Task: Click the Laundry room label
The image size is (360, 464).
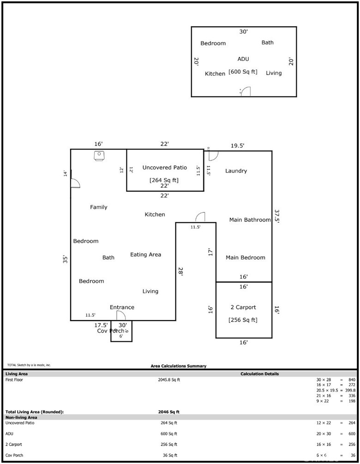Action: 236,171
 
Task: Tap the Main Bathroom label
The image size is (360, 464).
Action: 250,220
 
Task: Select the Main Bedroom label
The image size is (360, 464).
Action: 245,257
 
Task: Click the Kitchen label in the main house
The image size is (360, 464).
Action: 155,214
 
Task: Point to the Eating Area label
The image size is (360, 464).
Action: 145,255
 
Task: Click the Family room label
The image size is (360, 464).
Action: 98,207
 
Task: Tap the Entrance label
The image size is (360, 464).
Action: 122,307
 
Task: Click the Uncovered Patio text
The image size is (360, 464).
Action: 164,167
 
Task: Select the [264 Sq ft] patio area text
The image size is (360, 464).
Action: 164,180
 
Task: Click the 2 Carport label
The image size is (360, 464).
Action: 243,307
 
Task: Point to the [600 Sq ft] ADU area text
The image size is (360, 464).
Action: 243,72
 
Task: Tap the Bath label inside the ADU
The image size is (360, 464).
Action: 267,42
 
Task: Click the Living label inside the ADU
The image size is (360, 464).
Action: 274,73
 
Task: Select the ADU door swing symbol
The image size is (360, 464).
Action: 246,91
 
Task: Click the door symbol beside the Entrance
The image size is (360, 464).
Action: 121,315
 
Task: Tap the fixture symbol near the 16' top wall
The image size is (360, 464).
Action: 99,156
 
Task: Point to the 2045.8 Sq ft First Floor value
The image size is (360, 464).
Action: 168,380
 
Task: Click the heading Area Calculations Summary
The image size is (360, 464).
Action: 179,366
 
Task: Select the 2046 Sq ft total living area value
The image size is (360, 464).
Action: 168,411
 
